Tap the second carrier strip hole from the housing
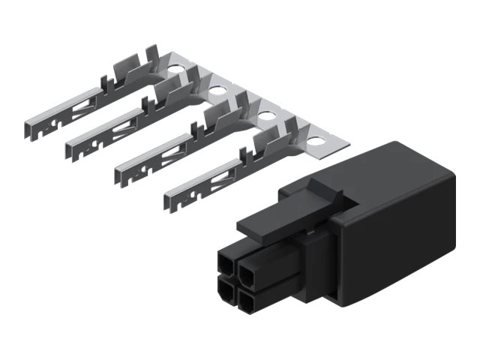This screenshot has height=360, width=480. pos(266,115)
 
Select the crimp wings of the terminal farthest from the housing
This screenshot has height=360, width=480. pos(127,75)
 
